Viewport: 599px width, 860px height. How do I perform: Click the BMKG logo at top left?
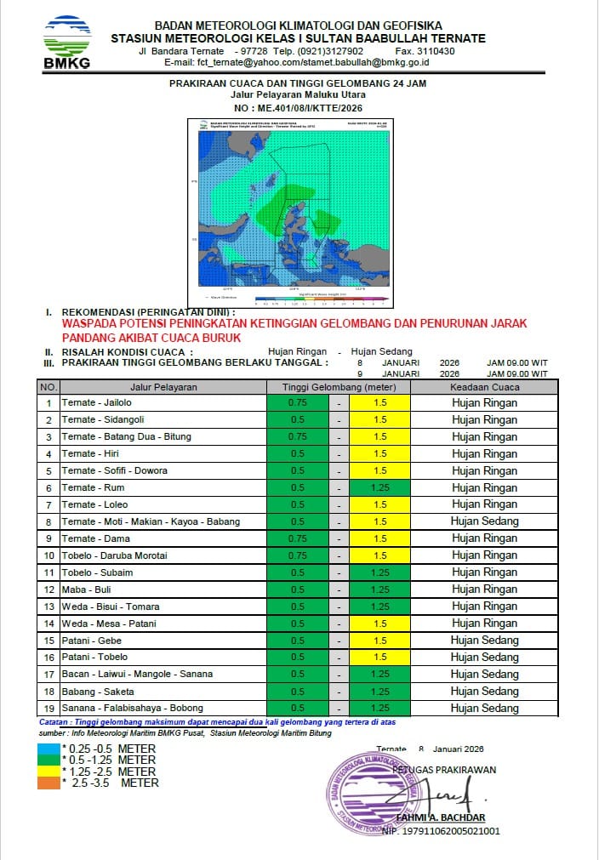67,41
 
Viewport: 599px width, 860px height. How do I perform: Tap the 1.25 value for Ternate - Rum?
379,487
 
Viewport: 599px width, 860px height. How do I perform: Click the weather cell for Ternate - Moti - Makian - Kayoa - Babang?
483,521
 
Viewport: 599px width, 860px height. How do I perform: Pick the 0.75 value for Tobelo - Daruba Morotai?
297,555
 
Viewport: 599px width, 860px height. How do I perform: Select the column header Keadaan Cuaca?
483,387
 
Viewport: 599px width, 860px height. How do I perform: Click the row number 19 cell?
48,708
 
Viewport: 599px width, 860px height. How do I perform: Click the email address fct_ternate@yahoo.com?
230,62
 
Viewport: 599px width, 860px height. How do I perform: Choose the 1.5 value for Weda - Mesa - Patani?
379,624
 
